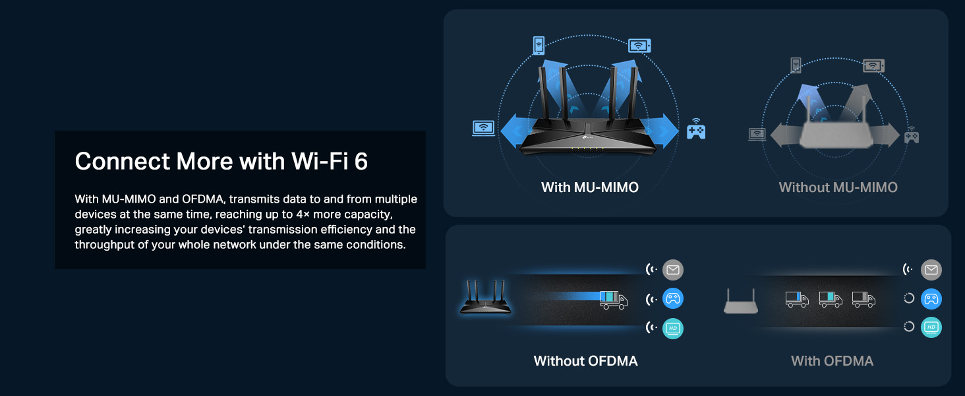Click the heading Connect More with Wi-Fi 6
[x=221, y=162]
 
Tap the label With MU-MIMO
[x=589, y=187]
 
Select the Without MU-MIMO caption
[x=838, y=187]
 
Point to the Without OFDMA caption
[x=585, y=361]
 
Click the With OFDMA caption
[x=832, y=361]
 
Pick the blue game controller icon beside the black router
[x=696, y=129]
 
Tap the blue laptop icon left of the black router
[x=483, y=128]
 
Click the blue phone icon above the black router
[x=539, y=46]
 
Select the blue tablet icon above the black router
[x=639, y=46]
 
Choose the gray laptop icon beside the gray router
[x=757, y=134]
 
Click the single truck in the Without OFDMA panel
[x=613, y=299]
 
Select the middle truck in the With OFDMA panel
[x=830, y=299]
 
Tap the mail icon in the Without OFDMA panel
[x=672, y=269]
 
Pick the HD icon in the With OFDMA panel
[x=931, y=327]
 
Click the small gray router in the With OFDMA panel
[x=741, y=302]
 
